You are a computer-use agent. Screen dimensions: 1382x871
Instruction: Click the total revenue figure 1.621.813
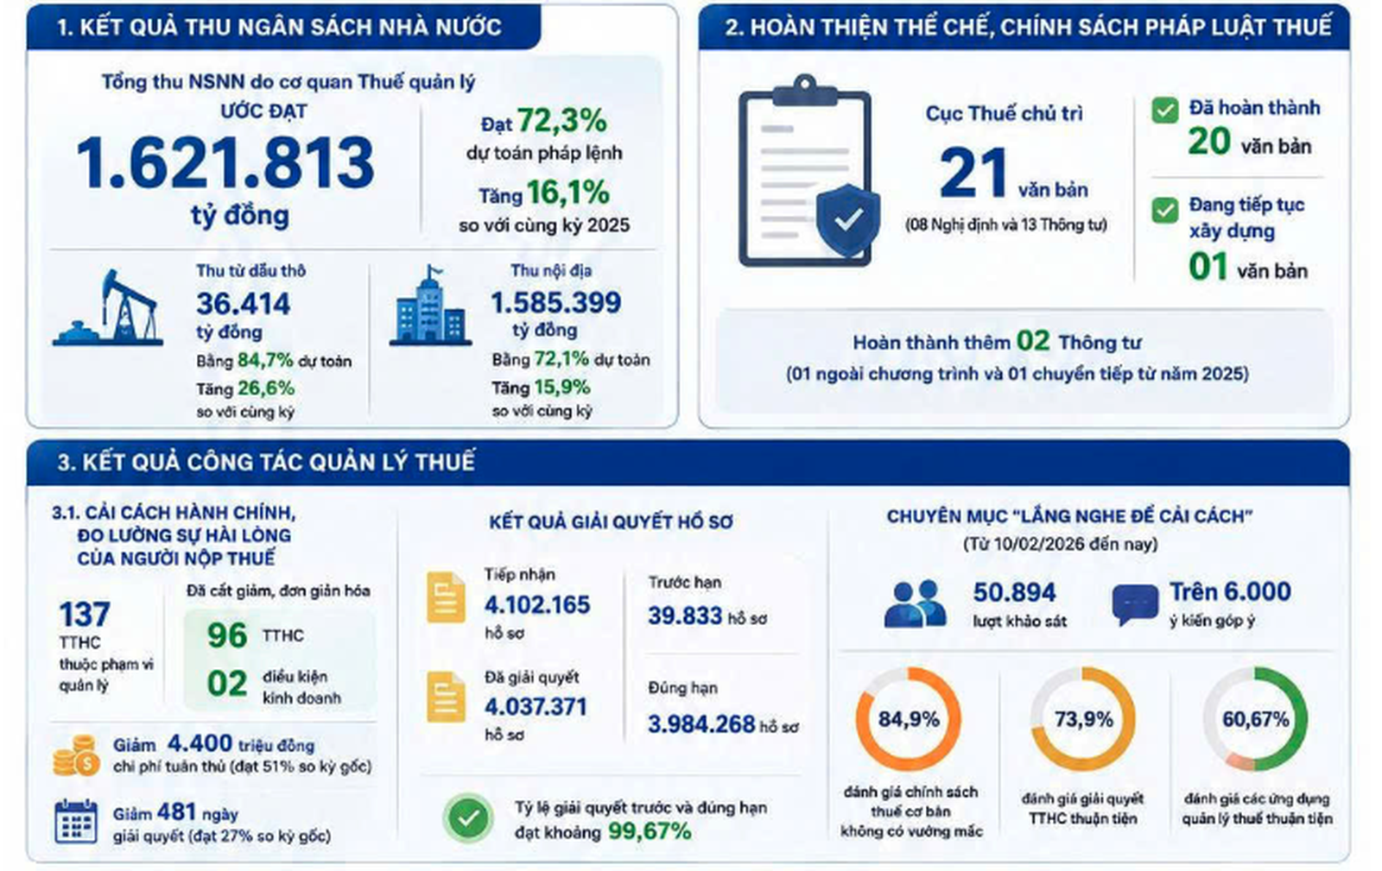pyautogui.click(x=225, y=163)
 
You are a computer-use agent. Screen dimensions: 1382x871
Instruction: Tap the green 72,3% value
pyautogui.click(x=561, y=120)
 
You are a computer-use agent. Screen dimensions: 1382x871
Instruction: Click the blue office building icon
pyautogui.click(x=430, y=306)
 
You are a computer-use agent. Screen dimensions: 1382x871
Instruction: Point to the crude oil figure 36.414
pyautogui.click(x=243, y=304)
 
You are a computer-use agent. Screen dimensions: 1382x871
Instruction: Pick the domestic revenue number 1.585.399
pyautogui.click(x=556, y=303)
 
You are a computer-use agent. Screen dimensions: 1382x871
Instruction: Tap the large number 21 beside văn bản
pyautogui.click(x=973, y=174)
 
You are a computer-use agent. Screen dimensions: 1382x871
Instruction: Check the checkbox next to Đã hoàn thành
pyautogui.click(x=1165, y=111)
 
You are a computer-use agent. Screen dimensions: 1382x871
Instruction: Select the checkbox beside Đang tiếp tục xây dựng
pyautogui.click(x=1165, y=211)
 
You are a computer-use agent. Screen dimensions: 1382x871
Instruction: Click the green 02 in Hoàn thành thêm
pyautogui.click(x=1033, y=341)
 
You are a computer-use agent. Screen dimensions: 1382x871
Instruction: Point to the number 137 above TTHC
pyautogui.click(x=85, y=614)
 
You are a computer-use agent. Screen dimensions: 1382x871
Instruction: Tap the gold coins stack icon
pyautogui.click(x=76, y=755)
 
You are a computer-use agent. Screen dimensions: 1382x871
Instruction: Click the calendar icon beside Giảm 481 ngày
pyautogui.click(x=76, y=822)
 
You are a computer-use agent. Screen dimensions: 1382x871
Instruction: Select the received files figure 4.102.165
pyautogui.click(x=536, y=605)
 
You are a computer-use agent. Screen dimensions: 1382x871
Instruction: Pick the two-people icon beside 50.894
pyautogui.click(x=915, y=603)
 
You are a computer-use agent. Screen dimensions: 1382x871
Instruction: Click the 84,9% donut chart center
pyautogui.click(x=908, y=719)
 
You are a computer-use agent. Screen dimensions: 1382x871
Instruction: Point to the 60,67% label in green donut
pyautogui.click(x=1256, y=719)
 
